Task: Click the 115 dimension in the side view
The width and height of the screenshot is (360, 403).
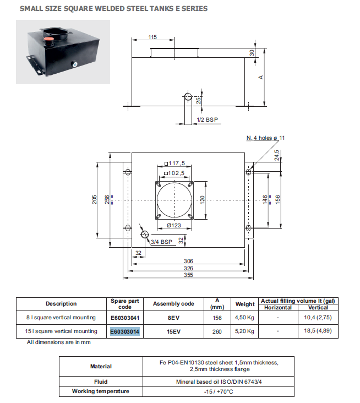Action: [152, 37]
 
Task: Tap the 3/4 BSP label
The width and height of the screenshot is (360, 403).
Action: [162, 241]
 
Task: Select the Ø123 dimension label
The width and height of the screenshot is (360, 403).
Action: [174, 225]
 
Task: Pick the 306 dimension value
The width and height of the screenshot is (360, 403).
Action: [189, 261]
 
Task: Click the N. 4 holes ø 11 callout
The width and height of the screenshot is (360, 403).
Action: [266, 137]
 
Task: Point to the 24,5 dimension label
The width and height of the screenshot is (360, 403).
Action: [276, 156]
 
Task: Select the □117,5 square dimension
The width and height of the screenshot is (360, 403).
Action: [174, 164]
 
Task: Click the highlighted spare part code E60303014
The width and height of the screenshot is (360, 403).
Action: [125, 331]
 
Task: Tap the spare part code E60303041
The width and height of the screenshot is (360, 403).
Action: [125, 317]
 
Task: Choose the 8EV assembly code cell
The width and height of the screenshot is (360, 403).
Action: [173, 317]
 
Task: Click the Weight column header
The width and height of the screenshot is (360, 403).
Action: [245, 304]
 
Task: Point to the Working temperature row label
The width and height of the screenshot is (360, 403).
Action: [101, 391]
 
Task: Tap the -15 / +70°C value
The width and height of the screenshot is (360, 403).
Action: [218, 391]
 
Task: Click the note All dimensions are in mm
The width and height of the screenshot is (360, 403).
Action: [59, 342]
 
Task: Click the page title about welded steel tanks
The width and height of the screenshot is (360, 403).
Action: [114, 9]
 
